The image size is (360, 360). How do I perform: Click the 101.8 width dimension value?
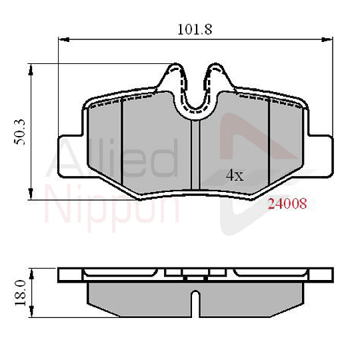(x=189, y=29)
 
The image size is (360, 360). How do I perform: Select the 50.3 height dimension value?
(x=20, y=132)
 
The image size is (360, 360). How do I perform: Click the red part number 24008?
(x=287, y=205)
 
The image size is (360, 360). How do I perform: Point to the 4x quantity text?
(x=235, y=176)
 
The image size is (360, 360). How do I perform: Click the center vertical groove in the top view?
(x=192, y=153)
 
